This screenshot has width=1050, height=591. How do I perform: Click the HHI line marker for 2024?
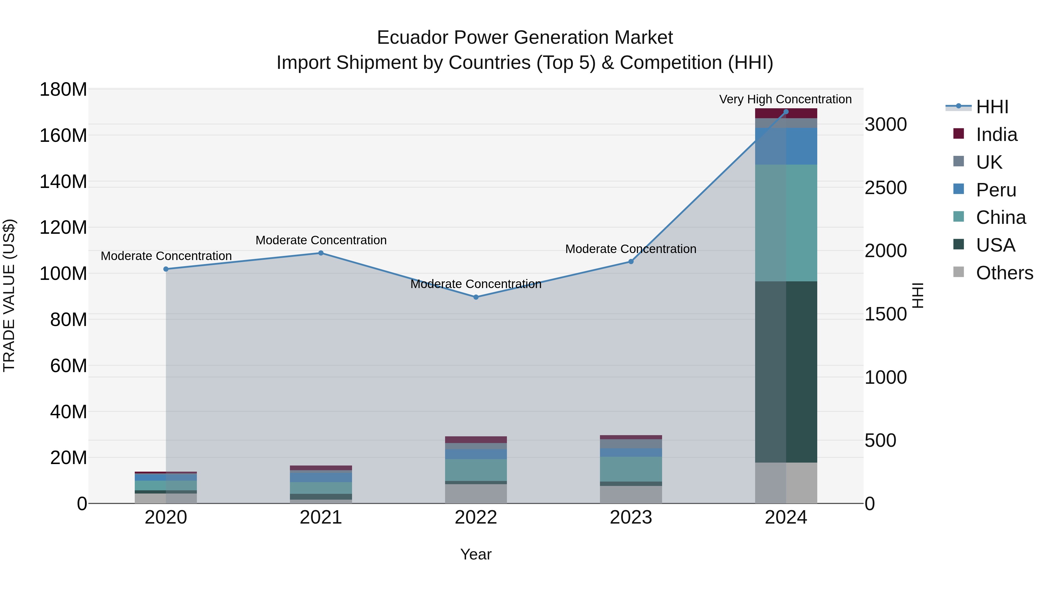(786, 112)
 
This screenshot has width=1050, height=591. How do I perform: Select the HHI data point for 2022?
(476, 297)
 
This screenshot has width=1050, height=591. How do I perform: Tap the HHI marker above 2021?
(321, 253)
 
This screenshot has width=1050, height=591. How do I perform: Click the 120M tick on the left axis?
(63, 227)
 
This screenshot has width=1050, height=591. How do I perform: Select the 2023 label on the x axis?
(631, 517)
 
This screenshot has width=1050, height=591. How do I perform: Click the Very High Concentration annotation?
(785, 99)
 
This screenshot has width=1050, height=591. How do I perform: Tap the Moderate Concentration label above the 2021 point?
(321, 240)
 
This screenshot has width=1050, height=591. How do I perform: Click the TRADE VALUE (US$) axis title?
(9, 295)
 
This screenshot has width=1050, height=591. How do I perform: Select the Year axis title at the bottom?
(476, 554)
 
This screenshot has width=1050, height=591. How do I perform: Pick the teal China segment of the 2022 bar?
(476, 470)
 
